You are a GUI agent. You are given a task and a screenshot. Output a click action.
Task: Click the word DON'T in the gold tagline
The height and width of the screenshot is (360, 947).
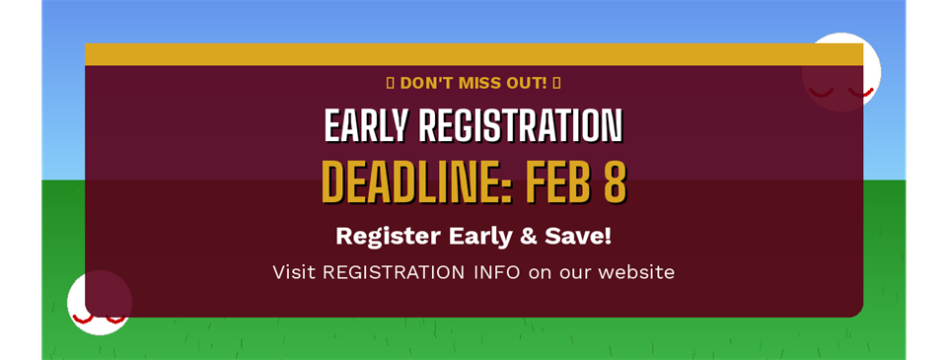tap(428, 82)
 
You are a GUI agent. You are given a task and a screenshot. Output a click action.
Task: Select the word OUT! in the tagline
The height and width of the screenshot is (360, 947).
tap(529, 82)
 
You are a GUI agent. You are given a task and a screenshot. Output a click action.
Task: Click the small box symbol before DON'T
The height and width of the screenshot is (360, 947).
tap(390, 82)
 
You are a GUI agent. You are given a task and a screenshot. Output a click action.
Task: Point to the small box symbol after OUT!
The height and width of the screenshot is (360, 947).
tap(557, 82)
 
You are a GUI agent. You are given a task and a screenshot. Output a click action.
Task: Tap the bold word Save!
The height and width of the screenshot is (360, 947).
tap(577, 237)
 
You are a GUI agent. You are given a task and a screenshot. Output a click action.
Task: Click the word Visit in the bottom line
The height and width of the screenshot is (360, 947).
tap(294, 271)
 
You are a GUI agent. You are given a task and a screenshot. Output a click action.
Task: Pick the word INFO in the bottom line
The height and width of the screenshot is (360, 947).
tap(496, 271)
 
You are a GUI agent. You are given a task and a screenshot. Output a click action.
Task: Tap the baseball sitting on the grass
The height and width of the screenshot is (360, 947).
tap(99, 304)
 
